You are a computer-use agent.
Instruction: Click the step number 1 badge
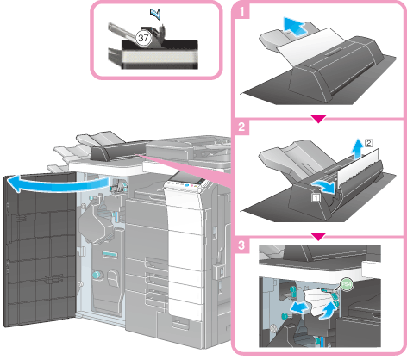tap(241, 11)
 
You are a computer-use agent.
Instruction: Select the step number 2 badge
tap(241, 127)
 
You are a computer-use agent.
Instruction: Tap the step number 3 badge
tap(241, 245)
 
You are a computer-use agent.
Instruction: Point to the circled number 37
tap(143, 38)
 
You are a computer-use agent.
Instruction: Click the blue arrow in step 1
tap(295, 26)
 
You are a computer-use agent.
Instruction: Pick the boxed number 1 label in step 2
tap(316, 197)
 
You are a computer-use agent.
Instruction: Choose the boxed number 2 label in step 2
tap(368, 143)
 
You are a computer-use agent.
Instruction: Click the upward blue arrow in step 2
tap(358, 148)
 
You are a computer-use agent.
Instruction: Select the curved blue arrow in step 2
tap(325, 187)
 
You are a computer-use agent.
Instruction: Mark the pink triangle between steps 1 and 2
tap(318, 119)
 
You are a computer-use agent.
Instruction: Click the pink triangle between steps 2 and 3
tap(318, 237)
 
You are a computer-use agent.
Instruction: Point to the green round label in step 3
tap(347, 284)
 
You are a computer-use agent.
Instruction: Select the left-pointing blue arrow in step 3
tap(299, 308)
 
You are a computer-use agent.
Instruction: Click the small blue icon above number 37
tap(155, 14)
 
